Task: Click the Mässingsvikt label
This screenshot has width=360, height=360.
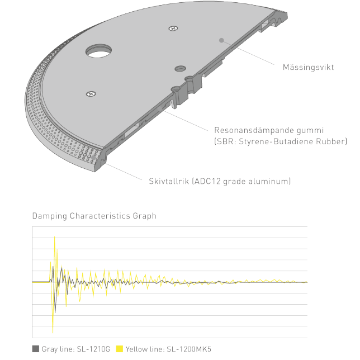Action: point(308,67)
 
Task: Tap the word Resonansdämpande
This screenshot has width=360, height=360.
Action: point(253,130)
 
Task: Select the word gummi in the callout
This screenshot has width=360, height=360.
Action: point(310,131)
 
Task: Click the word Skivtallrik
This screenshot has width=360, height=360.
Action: point(169,181)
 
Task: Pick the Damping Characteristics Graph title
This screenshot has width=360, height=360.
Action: point(94,216)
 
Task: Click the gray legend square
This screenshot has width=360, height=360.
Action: point(36,349)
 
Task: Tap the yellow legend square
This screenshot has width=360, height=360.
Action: point(120,349)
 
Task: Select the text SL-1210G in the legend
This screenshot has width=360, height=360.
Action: point(93,349)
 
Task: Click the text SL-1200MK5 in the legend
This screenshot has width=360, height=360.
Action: point(189,349)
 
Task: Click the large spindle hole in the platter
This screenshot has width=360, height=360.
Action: point(99,51)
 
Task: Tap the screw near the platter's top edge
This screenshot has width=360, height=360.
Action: point(173,29)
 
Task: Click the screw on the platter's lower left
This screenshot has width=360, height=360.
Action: point(91,94)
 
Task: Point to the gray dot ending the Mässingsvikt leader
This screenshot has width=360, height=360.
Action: point(221,40)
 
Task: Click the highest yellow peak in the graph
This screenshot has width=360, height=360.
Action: point(54,236)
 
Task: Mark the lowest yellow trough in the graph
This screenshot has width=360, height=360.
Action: point(53,333)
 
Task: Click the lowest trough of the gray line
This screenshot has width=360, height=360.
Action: point(55,312)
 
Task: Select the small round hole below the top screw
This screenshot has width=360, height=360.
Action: point(181,68)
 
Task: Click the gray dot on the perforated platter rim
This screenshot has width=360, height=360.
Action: point(93,158)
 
